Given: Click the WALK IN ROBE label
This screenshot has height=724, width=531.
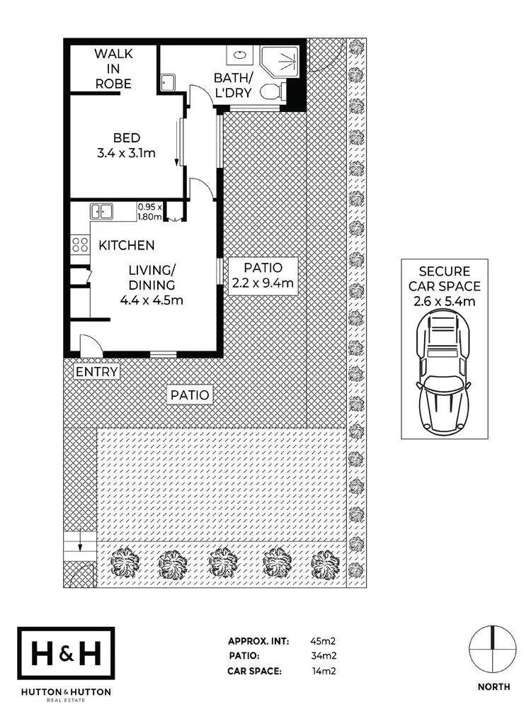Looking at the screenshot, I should coord(113,68).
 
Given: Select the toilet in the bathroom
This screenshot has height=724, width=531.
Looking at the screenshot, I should coord(271,91).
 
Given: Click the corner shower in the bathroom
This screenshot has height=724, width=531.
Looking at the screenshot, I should coord(280,61).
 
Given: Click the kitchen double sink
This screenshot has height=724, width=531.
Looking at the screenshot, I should coord(102,211).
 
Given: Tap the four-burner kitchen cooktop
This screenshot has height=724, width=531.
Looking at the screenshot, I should coord(80,245).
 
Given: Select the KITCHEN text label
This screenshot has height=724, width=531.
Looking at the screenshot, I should coord(126,246).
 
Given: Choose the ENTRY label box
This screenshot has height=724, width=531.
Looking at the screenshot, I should coord(96,371).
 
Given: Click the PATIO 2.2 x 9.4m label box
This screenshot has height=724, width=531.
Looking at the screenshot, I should coord(263,276).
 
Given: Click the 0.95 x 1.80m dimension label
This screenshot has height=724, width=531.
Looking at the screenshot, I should coord(150,212).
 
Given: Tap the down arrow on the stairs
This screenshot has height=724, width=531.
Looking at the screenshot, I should coord(80,546).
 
